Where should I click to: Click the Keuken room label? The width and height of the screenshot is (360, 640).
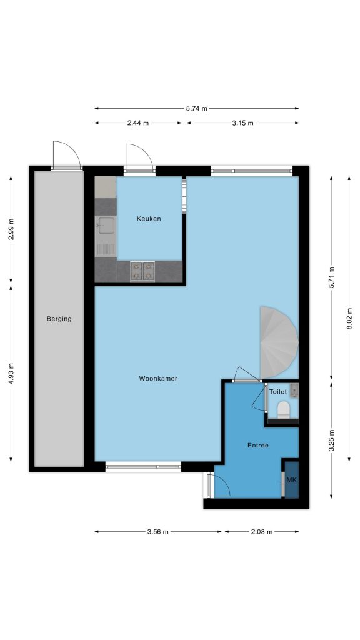(x=149, y=219)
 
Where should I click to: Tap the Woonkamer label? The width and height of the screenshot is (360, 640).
(x=158, y=378)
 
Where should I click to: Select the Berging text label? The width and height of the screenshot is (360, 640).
(x=59, y=319)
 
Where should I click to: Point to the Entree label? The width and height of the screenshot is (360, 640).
(x=258, y=445)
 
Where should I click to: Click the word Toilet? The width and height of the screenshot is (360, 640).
(x=278, y=392)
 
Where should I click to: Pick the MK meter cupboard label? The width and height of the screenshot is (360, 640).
(x=291, y=480)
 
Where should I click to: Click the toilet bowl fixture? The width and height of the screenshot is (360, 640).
(x=283, y=410)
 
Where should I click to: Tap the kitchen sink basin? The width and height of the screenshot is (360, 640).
(x=106, y=225)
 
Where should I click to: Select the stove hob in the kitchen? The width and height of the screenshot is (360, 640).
(x=142, y=271)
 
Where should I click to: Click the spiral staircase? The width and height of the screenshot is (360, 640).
(x=279, y=342)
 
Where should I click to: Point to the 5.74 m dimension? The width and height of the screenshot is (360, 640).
(x=197, y=108)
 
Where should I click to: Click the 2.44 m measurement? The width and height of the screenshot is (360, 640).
(x=138, y=122)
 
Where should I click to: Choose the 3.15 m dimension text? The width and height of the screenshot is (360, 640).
(x=243, y=122)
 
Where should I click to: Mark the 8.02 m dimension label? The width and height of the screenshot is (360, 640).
(x=349, y=319)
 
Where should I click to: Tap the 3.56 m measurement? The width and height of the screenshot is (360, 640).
(x=157, y=531)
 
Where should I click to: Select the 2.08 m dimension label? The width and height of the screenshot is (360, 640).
(x=262, y=531)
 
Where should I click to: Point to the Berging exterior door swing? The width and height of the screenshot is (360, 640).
(x=67, y=154)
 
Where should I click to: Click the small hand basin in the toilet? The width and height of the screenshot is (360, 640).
(x=294, y=390)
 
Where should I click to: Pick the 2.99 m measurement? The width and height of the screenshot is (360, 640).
(x=11, y=229)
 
